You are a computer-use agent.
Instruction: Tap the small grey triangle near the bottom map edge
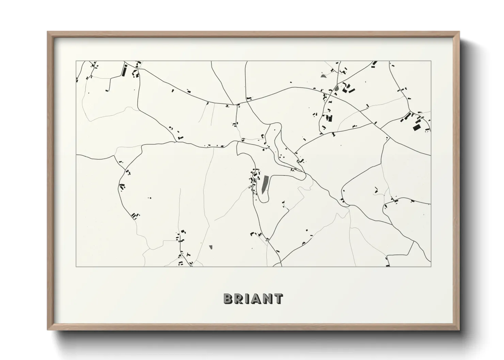click(x=211, y=247)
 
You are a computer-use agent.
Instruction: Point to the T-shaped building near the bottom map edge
click(x=188, y=255)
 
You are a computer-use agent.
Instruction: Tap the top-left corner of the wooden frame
click(x=48, y=32)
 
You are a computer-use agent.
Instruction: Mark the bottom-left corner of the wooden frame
click(x=48, y=330)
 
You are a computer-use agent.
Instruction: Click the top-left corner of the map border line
click(x=76, y=61)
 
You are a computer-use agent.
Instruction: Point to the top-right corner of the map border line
click(x=431, y=61)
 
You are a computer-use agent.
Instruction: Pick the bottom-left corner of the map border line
click(x=76, y=267)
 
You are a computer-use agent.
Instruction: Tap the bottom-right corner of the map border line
click(x=431, y=267)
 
